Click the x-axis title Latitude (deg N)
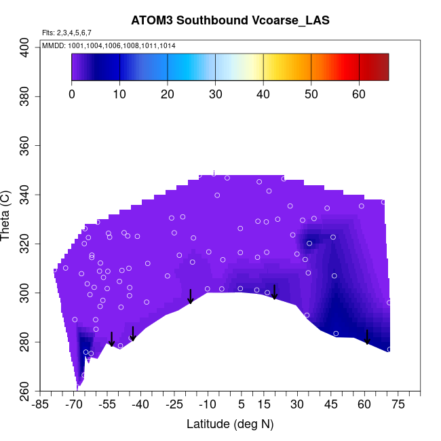tap(230, 424)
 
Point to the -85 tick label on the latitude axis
tap(41, 404)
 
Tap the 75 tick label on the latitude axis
tap(398, 404)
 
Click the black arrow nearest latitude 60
tap(367, 337)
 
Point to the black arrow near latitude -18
tap(191, 296)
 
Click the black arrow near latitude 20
tap(274, 292)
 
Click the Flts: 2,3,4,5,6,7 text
tap(66, 33)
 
